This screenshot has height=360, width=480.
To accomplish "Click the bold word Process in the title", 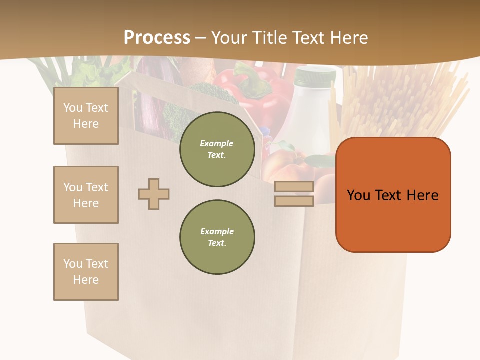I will (157, 38).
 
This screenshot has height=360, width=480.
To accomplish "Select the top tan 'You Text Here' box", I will (86, 116).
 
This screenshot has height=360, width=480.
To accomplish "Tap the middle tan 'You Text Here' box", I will (86, 195).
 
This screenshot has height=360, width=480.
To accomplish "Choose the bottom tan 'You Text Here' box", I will (86, 272).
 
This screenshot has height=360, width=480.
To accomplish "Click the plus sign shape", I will (154, 194).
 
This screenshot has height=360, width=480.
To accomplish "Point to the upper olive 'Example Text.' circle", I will (217, 149).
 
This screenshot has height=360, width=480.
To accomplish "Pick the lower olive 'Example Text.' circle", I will (217, 237).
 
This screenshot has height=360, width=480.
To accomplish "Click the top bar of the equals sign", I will (294, 187).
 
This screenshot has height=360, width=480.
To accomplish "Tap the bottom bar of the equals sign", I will (294, 201).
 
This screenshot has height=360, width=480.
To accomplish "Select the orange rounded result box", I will (393, 195).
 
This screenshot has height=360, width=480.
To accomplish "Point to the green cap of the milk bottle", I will (315, 76).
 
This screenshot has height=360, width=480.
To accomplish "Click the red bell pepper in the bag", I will (260, 92).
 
